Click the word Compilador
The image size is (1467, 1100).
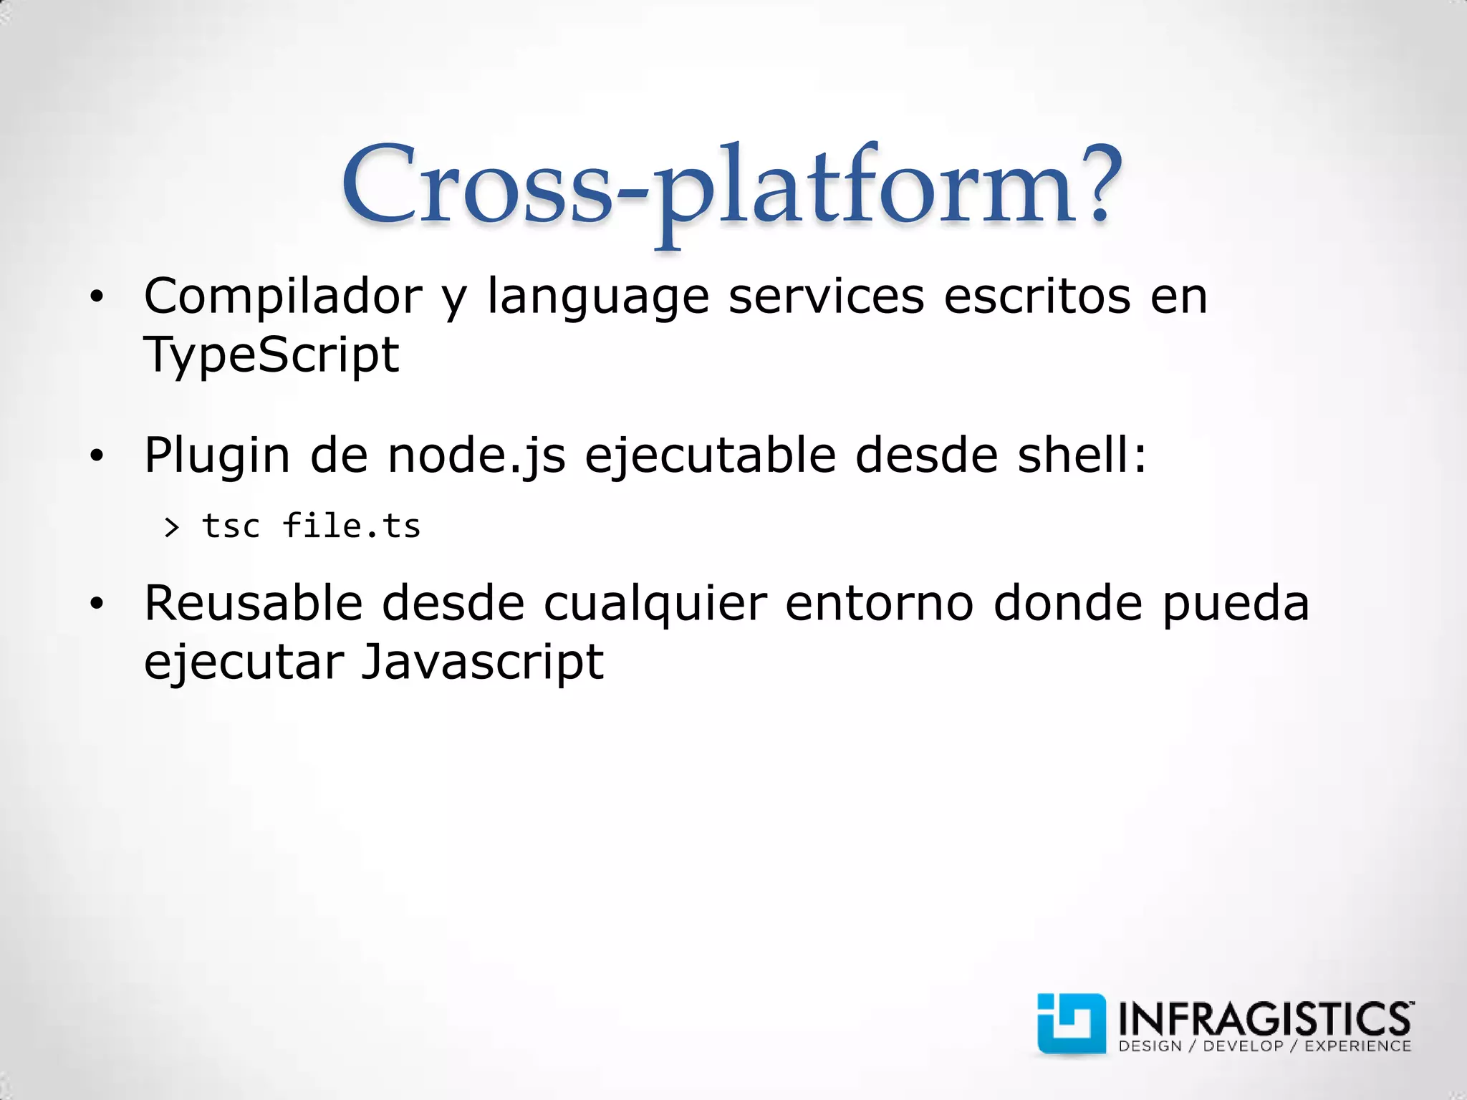point(283,296)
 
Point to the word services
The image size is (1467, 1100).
point(826,296)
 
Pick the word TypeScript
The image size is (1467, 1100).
point(271,355)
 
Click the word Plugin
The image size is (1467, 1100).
point(217,456)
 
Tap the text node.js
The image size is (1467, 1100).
point(476,456)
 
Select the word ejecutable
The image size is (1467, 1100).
point(710,456)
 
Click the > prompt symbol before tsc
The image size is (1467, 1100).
point(171,528)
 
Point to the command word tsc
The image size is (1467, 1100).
point(231,526)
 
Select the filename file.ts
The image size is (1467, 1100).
point(351,526)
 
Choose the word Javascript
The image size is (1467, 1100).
point(482,662)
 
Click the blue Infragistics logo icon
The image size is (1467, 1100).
point(1071,1023)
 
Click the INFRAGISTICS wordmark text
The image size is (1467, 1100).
point(1264,1017)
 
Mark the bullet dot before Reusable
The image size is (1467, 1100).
point(97,604)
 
